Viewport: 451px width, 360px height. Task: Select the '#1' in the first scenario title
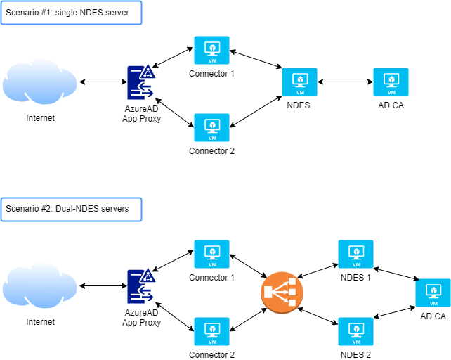[x=46, y=13]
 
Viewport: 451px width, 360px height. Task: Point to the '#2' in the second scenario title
[x=46, y=209]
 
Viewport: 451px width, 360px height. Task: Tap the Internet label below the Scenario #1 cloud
[x=40, y=118]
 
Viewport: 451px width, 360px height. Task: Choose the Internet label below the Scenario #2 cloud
[x=40, y=321]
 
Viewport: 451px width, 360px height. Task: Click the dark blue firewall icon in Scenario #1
[x=140, y=82]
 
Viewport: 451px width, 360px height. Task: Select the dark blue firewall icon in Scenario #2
[x=140, y=285]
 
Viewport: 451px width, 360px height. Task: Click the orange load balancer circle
[x=282, y=293]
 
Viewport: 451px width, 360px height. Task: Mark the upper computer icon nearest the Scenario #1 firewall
[x=211, y=50]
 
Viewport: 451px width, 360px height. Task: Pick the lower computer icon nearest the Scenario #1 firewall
[x=211, y=127]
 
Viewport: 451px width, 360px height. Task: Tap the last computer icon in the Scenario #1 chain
[x=391, y=82]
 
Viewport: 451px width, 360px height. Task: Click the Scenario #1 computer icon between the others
[x=299, y=82]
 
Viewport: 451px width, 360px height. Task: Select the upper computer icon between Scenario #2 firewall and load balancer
[x=211, y=254]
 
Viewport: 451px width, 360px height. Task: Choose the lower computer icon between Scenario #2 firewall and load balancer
[x=211, y=331]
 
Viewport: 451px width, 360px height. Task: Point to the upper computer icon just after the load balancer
[x=355, y=254]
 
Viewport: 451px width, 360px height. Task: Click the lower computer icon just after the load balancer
[x=355, y=331]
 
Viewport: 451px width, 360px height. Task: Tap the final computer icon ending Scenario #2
[x=433, y=292]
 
